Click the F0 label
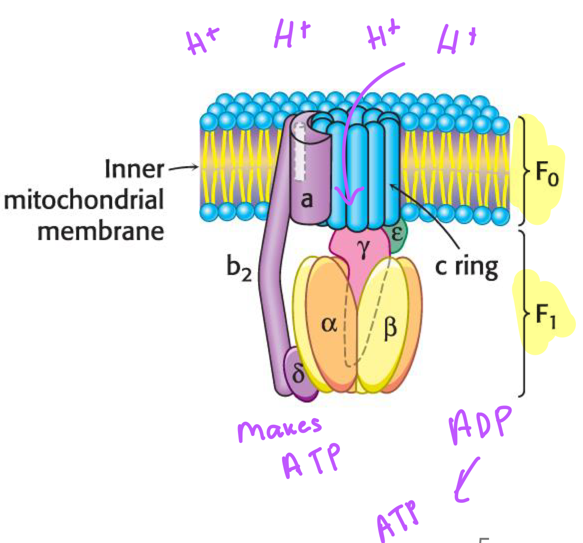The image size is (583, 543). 546,175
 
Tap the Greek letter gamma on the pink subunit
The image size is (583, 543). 363,249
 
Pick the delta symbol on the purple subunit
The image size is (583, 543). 299,373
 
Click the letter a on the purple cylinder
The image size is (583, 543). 306,199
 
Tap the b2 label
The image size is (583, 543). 238,267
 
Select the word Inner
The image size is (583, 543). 134,169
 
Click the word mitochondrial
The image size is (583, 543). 84,200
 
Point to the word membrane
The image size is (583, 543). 100,231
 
